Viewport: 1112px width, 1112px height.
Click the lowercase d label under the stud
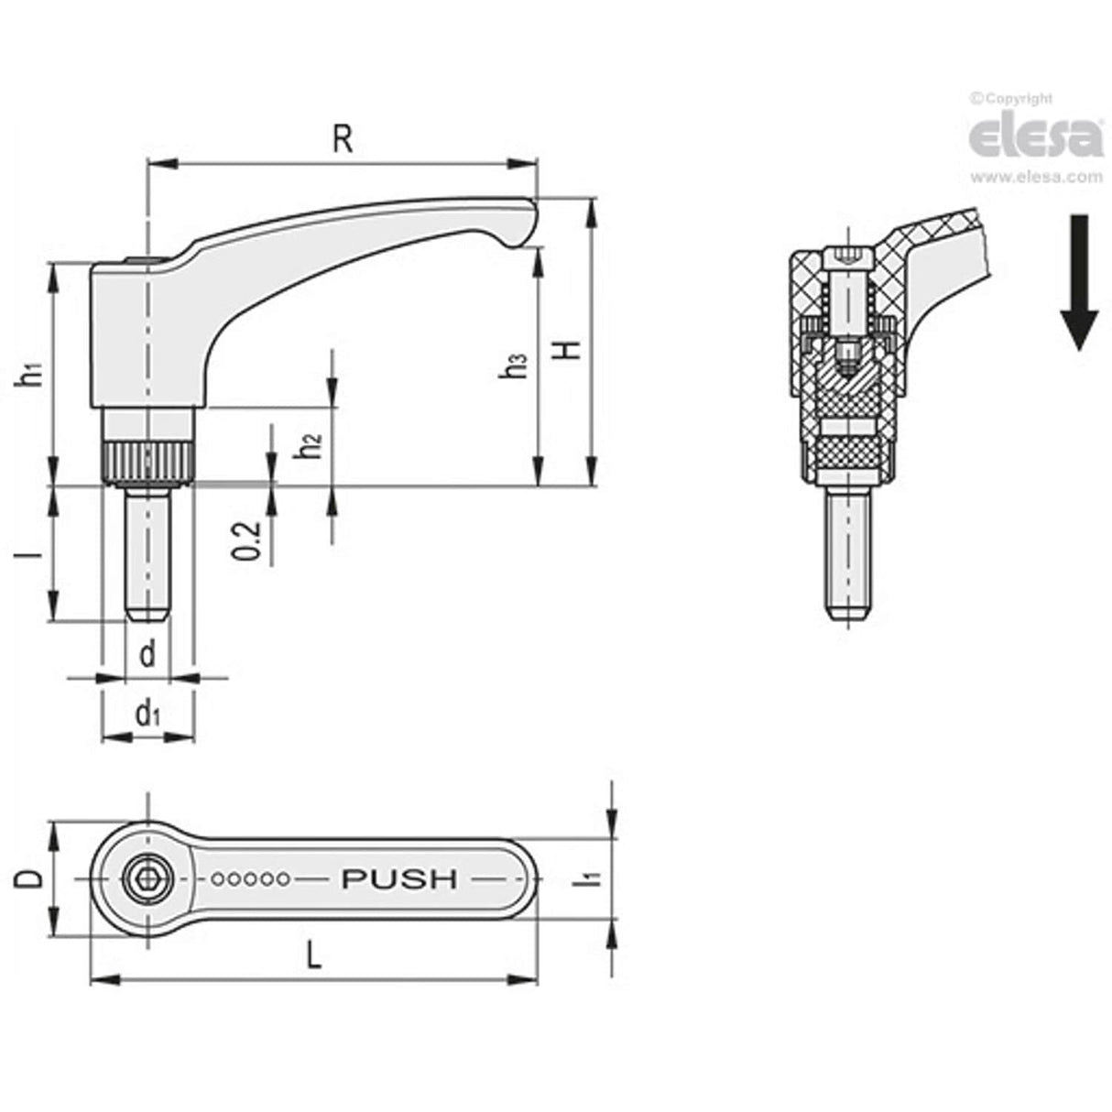point(147,654)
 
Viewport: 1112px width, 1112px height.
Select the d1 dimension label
point(147,714)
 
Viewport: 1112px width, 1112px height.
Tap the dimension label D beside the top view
point(29,878)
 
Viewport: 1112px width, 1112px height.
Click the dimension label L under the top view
point(313,958)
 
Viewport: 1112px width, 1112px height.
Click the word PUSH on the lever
point(398,879)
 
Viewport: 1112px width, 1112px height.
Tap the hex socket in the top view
point(147,879)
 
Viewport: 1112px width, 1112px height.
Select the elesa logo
point(1036,136)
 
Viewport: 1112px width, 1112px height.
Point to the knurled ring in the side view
point(147,460)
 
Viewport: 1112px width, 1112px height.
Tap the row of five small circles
point(251,879)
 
